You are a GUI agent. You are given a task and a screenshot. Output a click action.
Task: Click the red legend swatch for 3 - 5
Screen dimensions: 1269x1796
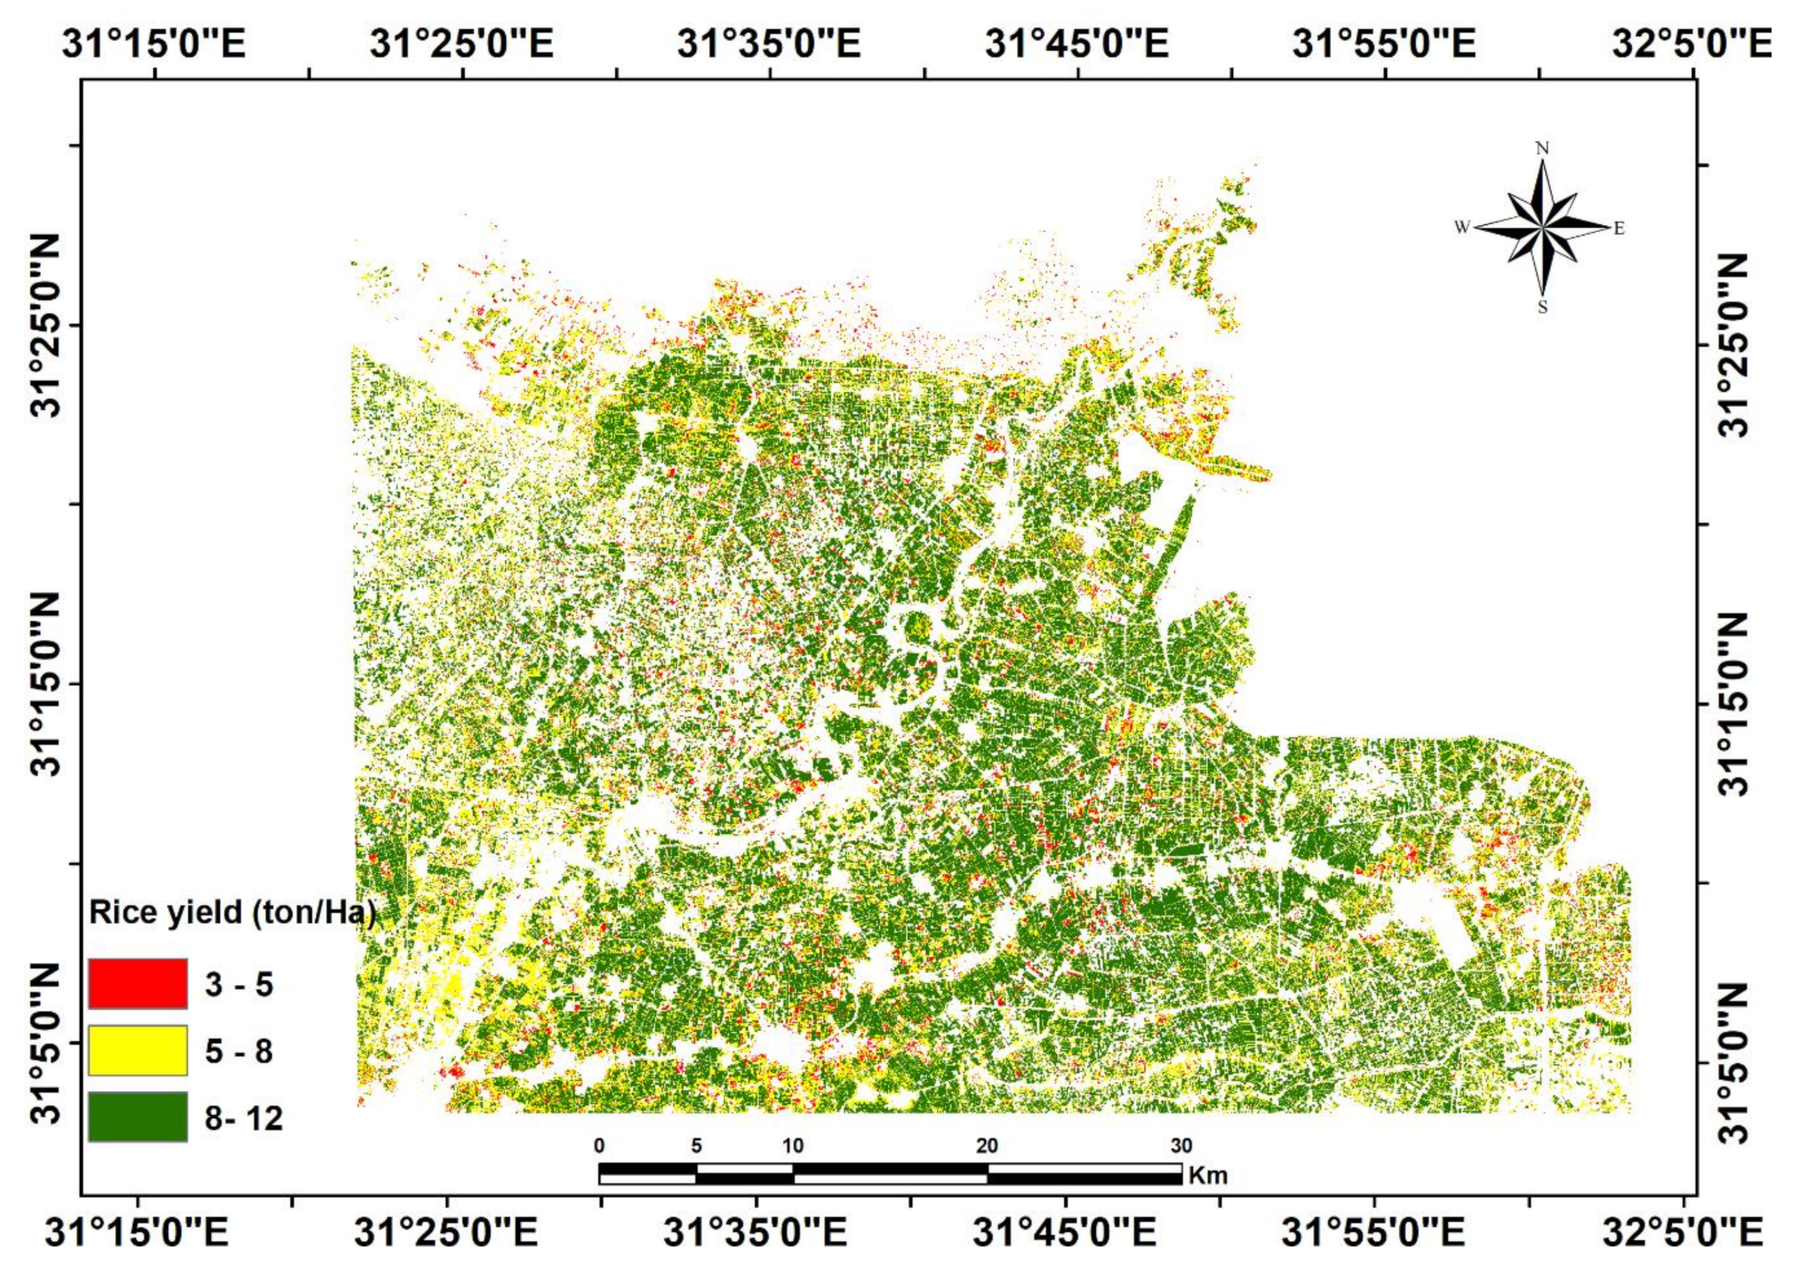tap(137, 983)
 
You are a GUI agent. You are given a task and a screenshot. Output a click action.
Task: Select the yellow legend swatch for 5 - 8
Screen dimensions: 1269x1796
tap(137, 1050)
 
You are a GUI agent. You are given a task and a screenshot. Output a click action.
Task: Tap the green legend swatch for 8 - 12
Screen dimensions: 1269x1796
tap(137, 1117)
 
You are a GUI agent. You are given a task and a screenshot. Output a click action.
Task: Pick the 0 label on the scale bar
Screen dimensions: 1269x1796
tap(599, 1146)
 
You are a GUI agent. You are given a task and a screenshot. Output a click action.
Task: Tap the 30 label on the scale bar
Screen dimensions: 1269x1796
tap(1181, 1146)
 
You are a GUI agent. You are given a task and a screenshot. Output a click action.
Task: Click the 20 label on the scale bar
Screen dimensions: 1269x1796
tap(987, 1146)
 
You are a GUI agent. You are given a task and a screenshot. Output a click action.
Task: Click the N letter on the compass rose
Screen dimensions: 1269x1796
tap(1542, 148)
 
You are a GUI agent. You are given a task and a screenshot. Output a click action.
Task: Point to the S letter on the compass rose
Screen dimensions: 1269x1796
tap(1542, 308)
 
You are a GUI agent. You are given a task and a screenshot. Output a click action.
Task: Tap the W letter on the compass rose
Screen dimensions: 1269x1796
tap(1461, 228)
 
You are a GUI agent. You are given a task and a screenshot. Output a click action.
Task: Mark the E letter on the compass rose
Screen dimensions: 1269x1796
tap(1619, 228)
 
